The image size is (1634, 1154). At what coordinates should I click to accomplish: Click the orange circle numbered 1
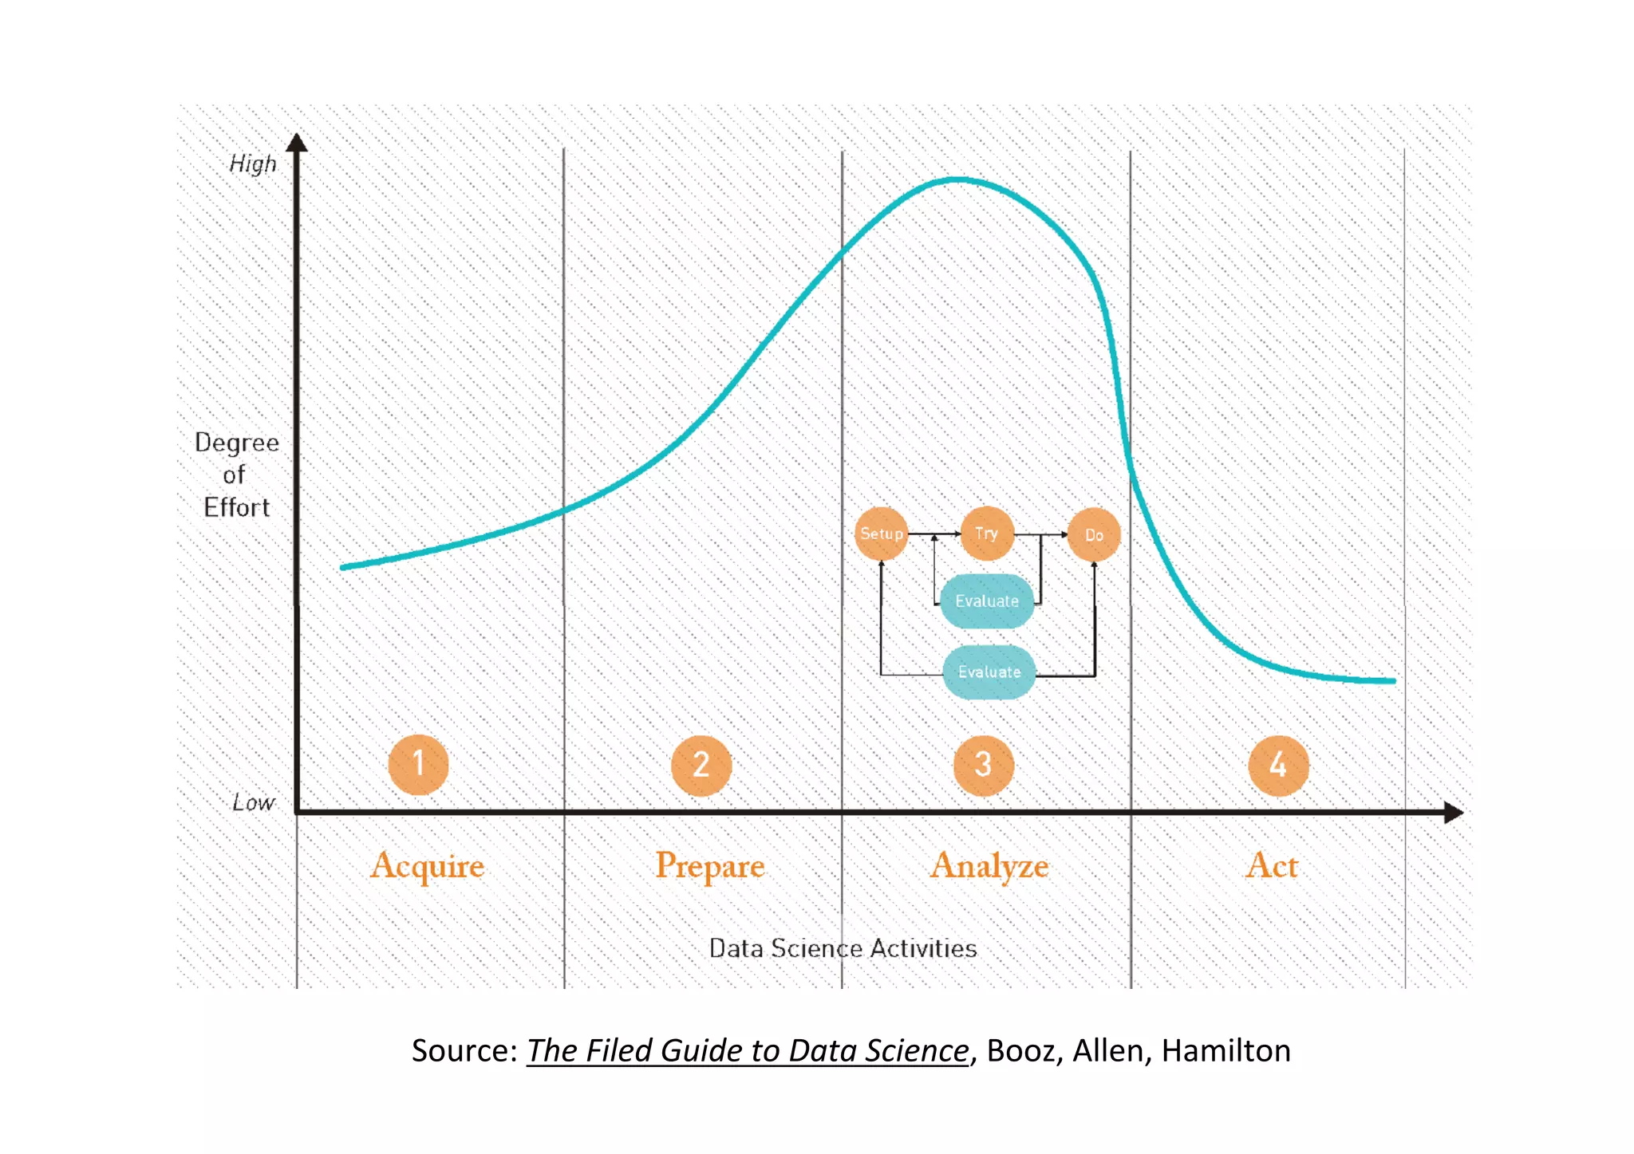tap(418, 765)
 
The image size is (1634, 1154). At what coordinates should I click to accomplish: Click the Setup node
tap(882, 534)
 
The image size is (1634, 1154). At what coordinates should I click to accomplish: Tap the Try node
tap(987, 534)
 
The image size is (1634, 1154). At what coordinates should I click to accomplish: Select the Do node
tap(1094, 535)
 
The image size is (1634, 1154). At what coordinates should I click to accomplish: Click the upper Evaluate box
tap(987, 601)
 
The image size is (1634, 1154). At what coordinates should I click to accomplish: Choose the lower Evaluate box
tap(989, 672)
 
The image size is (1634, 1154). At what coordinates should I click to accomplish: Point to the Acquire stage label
tap(428, 866)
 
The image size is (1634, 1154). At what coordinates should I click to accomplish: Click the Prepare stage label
tap(710, 866)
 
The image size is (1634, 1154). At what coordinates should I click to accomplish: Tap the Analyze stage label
tap(989, 866)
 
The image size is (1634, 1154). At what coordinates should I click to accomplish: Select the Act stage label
tap(1272, 865)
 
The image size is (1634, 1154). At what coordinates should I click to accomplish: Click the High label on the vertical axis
tap(253, 164)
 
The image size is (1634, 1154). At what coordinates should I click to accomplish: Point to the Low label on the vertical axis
tap(254, 802)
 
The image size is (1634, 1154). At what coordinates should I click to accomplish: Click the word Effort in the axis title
tap(237, 508)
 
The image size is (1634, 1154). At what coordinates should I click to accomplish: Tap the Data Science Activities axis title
tap(843, 948)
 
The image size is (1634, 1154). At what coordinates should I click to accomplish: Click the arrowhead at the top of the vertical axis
tap(297, 143)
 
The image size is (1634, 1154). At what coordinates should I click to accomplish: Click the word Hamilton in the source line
tap(1225, 1051)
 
